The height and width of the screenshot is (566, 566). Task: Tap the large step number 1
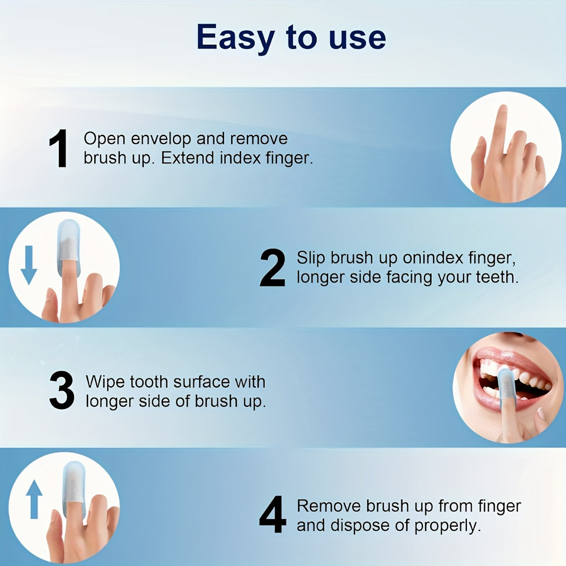(x=59, y=149)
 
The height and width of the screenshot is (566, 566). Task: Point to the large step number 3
(x=62, y=391)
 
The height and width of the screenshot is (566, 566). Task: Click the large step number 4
(x=273, y=515)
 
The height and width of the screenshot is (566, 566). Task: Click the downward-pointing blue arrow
(x=29, y=264)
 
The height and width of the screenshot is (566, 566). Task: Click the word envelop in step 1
(x=161, y=139)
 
